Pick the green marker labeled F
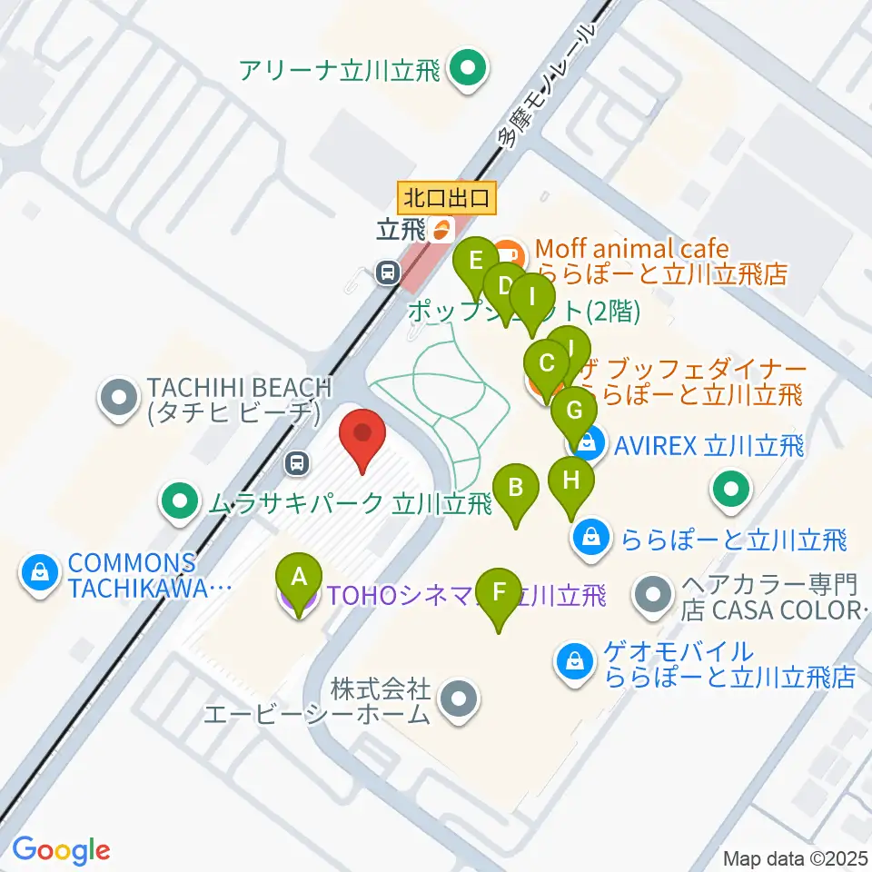click(497, 594)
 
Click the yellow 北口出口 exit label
click(447, 195)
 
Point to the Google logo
click(61, 850)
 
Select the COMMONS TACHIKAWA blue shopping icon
click(40, 573)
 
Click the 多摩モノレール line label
click(546, 85)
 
